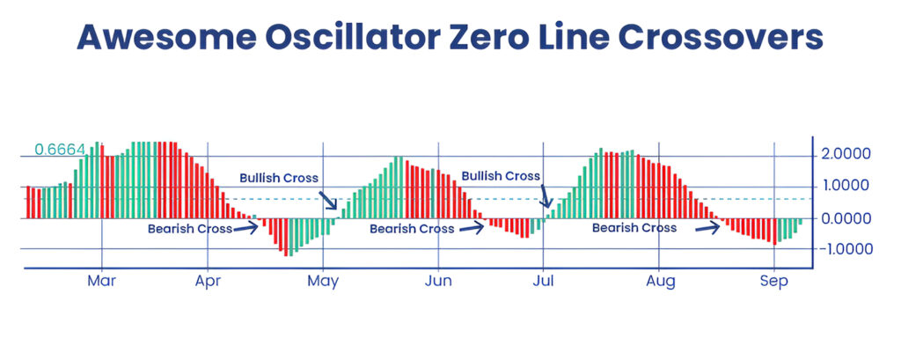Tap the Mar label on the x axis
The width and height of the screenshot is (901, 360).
pyautogui.click(x=102, y=282)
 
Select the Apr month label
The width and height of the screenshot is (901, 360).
pyautogui.click(x=208, y=282)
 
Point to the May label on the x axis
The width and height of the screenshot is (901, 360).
pyautogui.click(x=323, y=283)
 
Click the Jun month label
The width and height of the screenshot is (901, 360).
pyautogui.click(x=438, y=282)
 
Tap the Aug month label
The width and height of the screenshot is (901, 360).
pyautogui.click(x=660, y=282)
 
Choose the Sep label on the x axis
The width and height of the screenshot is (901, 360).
pyautogui.click(x=773, y=282)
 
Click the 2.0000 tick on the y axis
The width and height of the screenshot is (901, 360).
pyautogui.click(x=846, y=154)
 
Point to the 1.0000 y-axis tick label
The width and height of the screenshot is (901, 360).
pyautogui.click(x=846, y=186)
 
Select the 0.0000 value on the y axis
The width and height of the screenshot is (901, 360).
pyautogui.click(x=846, y=217)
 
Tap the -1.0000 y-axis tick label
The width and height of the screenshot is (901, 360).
pyautogui.click(x=843, y=249)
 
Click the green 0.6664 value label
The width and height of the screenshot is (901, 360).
pyautogui.click(x=60, y=150)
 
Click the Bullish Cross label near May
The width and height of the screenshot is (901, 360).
pyautogui.click(x=280, y=178)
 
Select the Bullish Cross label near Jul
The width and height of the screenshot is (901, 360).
pyautogui.click(x=501, y=176)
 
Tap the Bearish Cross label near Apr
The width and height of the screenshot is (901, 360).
pyautogui.click(x=190, y=229)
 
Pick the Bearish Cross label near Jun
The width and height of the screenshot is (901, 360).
pyautogui.click(x=412, y=229)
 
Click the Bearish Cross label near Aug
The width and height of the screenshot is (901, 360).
pyautogui.click(x=634, y=228)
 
